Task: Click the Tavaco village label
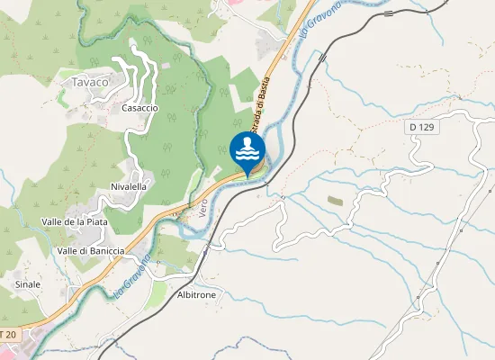pos(89,82)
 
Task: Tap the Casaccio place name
pos(139,108)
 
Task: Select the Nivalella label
pos(129,186)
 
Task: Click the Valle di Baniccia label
pos(90,250)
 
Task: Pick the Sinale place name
pos(28,283)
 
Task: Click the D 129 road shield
pos(421,128)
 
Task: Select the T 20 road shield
pos(8,334)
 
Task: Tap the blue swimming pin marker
pos(247,150)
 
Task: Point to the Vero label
pos(202,208)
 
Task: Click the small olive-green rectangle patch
pos(335,200)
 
